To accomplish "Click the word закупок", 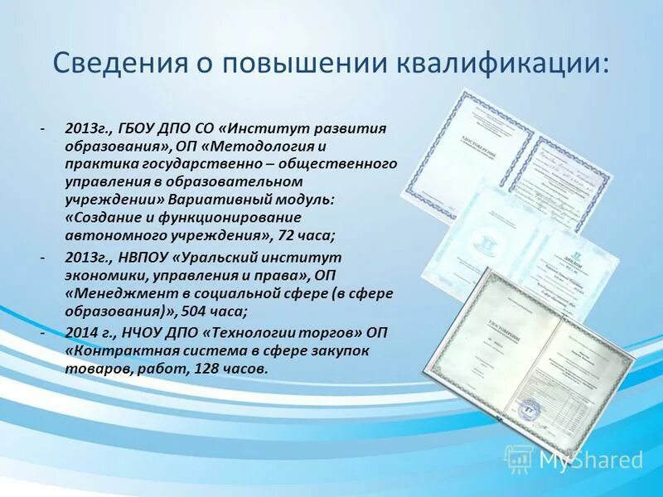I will [x=339, y=350].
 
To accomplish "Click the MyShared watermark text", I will [x=591, y=459].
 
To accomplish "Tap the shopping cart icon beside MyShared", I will [x=519, y=458].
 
